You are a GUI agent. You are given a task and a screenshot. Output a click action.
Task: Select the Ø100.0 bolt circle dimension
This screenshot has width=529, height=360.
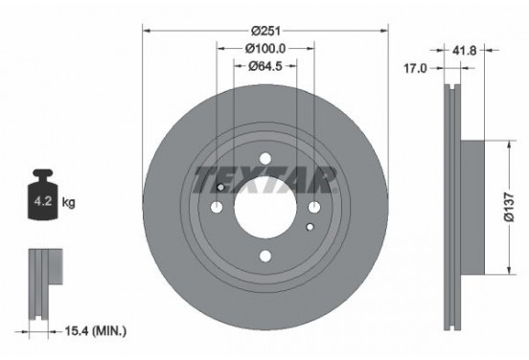click(265, 48)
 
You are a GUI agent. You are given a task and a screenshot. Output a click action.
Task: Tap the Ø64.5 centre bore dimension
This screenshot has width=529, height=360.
click(265, 66)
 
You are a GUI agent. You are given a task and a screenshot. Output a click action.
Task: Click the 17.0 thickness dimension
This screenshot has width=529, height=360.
click(415, 68)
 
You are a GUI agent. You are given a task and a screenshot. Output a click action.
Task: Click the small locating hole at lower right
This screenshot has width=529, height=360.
click(308, 228)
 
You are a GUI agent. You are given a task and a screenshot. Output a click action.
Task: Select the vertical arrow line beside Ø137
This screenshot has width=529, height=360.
click(501, 205)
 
